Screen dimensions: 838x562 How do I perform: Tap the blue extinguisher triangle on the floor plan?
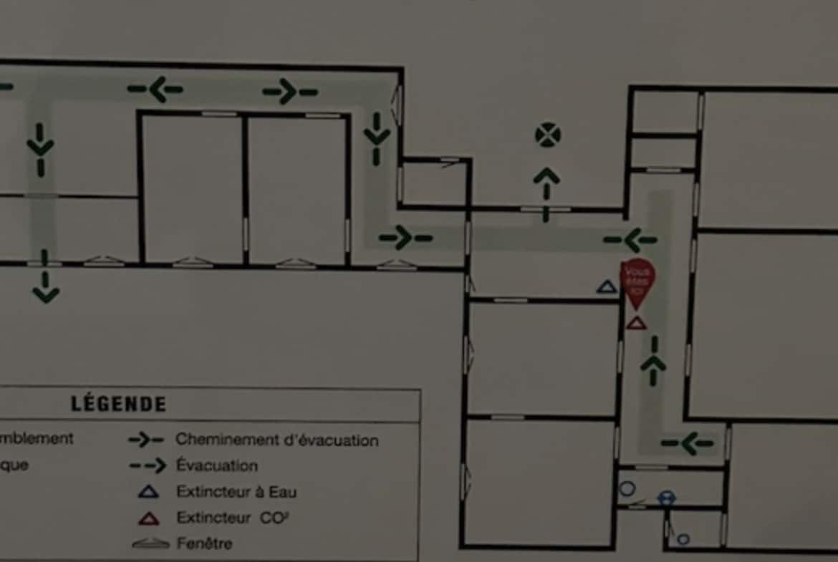click(x=607, y=288)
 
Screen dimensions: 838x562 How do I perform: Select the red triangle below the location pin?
click(x=636, y=323)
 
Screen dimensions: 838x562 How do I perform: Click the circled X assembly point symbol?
click(x=548, y=135)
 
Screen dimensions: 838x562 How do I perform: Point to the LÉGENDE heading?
click(x=119, y=404)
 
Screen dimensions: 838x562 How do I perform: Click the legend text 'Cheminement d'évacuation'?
click(x=277, y=440)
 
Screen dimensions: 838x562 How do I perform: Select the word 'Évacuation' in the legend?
click(x=217, y=465)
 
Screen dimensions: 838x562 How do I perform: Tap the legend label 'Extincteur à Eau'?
click(x=236, y=492)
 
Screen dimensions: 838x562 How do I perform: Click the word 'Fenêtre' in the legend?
click(x=205, y=543)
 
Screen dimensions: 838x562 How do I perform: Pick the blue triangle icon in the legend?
click(x=148, y=492)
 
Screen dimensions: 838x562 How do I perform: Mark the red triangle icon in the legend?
click(x=148, y=518)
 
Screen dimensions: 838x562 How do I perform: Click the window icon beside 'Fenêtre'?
click(x=150, y=544)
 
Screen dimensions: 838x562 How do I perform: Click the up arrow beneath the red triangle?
click(x=652, y=362)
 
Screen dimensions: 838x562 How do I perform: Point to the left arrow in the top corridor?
click(x=155, y=89)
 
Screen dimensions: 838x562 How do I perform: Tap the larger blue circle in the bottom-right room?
click(x=627, y=489)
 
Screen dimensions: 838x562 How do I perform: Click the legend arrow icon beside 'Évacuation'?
click(x=148, y=465)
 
